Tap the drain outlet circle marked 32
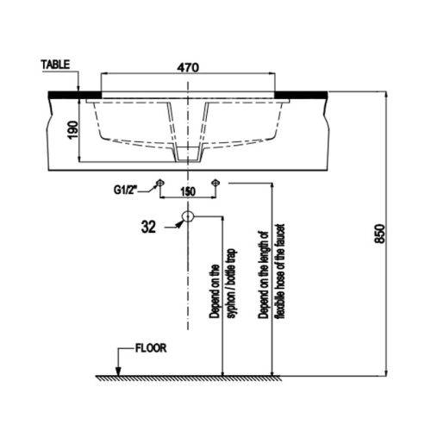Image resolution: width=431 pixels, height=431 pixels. tap(189, 217)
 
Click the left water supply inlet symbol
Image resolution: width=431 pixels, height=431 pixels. tap(159, 182)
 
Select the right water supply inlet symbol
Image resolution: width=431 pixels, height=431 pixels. tap(216, 182)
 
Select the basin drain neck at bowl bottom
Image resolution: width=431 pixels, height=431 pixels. tap(188, 153)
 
